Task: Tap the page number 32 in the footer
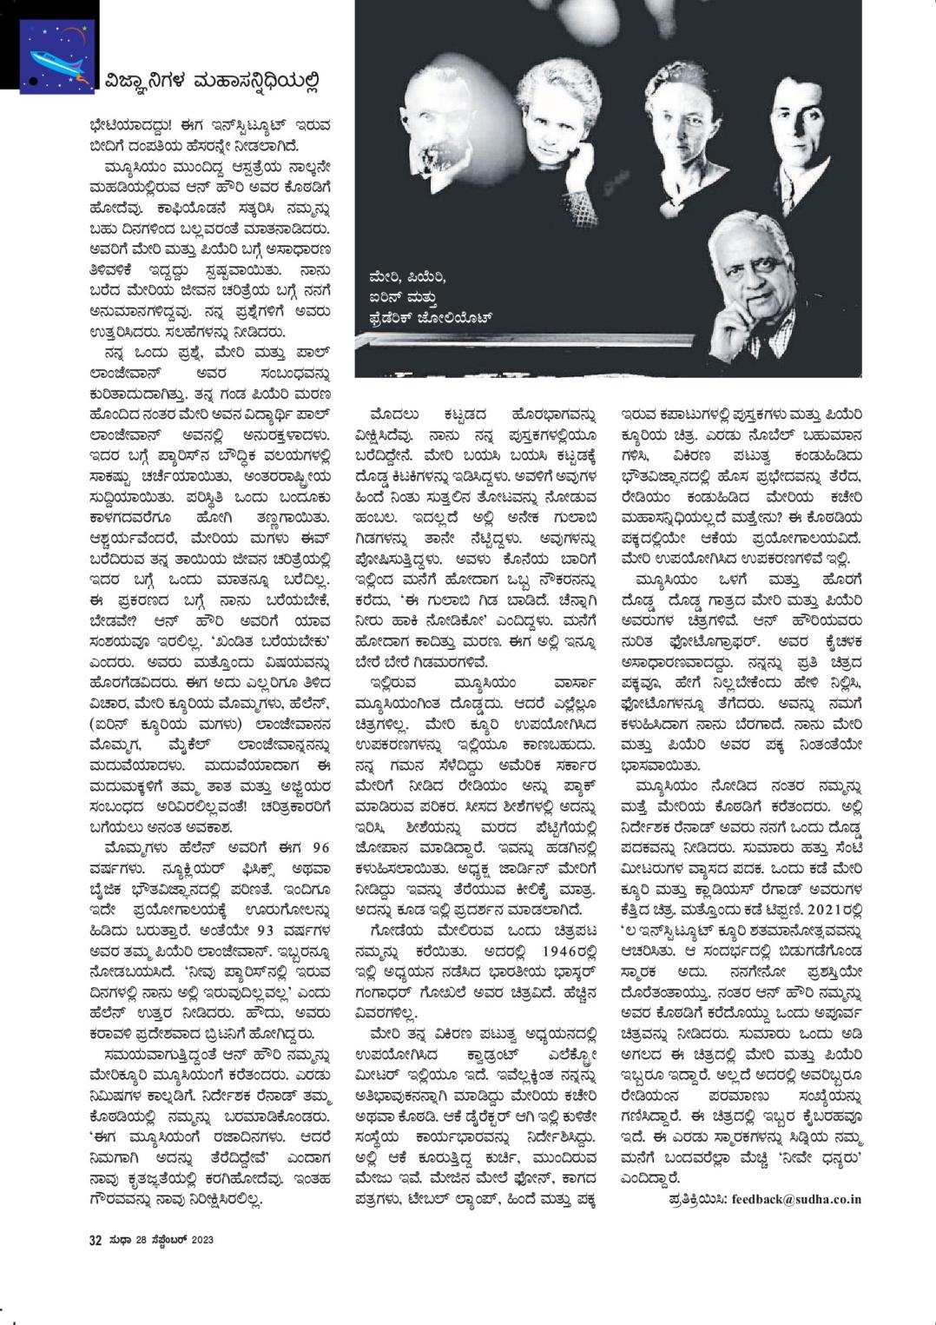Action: point(96,1240)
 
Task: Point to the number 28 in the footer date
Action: point(141,1240)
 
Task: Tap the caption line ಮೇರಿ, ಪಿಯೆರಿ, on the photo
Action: point(406,277)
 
